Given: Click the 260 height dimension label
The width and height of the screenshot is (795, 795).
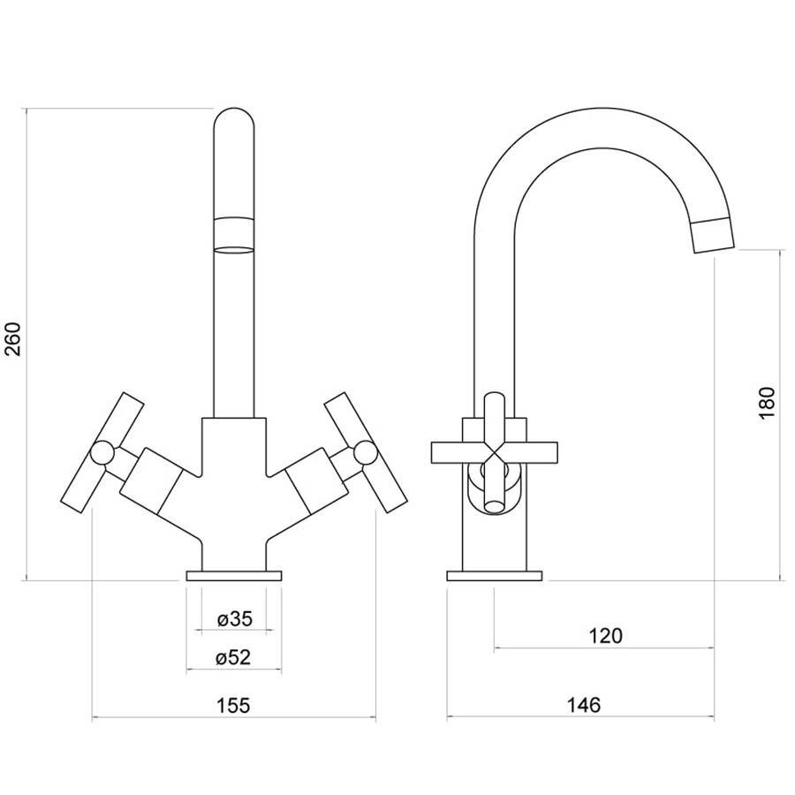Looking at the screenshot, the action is pyautogui.click(x=13, y=339).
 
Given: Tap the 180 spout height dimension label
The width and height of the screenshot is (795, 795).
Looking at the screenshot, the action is pyautogui.click(x=768, y=402).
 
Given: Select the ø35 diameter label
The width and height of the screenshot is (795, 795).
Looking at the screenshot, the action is pyautogui.click(x=235, y=619).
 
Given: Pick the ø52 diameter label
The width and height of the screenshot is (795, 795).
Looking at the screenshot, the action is pyautogui.click(x=233, y=657).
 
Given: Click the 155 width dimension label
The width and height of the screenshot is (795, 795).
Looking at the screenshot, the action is pyautogui.click(x=234, y=705).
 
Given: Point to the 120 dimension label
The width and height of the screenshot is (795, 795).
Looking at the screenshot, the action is pyautogui.click(x=605, y=635).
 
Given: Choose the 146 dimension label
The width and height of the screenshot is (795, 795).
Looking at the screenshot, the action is pyautogui.click(x=584, y=705).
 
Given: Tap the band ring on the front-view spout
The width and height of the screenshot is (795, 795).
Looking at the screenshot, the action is pyautogui.click(x=234, y=235).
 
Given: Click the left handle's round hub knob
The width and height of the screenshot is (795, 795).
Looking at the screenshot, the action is pyautogui.click(x=102, y=453).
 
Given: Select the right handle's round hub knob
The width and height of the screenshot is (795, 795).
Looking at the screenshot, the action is pyautogui.click(x=365, y=453).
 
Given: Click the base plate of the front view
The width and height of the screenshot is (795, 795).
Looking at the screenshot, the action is pyautogui.click(x=234, y=575).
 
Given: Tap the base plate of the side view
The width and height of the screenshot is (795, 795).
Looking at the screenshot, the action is pyautogui.click(x=495, y=575).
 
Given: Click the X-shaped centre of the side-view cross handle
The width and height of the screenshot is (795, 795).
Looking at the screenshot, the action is pyautogui.click(x=495, y=453).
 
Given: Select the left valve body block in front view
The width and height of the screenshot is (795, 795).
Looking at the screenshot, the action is pyautogui.click(x=151, y=481).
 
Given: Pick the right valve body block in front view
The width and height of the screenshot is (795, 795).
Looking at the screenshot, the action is pyautogui.click(x=316, y=481).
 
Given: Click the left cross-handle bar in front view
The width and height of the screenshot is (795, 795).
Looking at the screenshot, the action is pyautogui.click(x=102, y=453).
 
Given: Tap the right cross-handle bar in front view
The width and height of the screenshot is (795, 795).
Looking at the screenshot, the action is pyautogui.click(x=366, y=453).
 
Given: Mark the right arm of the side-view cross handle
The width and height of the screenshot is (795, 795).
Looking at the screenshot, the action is pyautogui.click(x=533, y=453).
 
